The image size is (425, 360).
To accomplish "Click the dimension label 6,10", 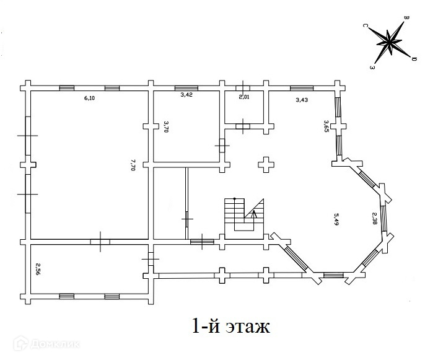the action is (x=89, y=98).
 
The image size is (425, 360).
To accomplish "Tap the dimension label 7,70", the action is (x=133, y=165).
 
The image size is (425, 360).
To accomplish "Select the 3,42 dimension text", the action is (x=186, y=95).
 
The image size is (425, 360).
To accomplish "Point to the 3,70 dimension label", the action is (x=166, y=126).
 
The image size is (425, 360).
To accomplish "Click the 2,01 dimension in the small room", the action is (x=244, y=97).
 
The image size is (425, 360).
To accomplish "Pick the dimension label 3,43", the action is (x=302, y=100).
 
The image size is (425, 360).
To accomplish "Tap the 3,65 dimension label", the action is (x=326, y=126).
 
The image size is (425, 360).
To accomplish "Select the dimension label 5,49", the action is (x=336, y=219).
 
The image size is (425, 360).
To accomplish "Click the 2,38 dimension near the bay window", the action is (x=374, y=219).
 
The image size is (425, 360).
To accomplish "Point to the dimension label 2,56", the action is (x=38, y=269).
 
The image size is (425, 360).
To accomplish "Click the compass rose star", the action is (x=390, y=42).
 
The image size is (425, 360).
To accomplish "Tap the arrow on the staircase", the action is (x=254, y=214).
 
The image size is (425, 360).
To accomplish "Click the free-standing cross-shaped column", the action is (x=266, y=165).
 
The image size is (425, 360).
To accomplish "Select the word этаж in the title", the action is (x=248, y=327).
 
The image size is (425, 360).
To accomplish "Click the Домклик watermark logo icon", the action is (x=20, y=343).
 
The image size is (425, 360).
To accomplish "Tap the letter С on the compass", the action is (x=365, y=26).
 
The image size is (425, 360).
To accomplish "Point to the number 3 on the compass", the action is (x=372, y=67).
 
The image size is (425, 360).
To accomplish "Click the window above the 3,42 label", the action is (x=186, y=88).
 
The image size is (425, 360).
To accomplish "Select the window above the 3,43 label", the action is (x=302, y=88).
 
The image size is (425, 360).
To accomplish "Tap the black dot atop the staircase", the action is (x=235, y=199).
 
